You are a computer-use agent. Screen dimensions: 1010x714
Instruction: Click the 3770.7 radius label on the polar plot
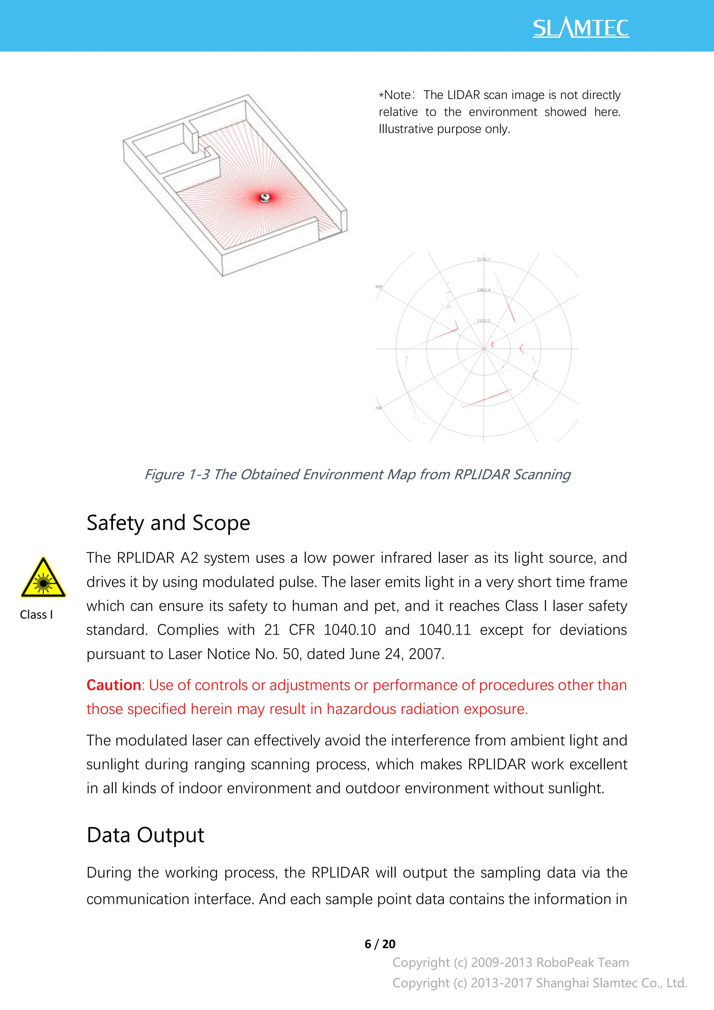coord(484,259)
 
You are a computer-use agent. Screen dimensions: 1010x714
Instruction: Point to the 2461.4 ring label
coord(484,290)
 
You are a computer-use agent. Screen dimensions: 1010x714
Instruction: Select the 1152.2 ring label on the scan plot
coord(484,320)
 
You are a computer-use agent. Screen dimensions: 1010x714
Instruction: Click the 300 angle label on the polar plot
coord(379,286)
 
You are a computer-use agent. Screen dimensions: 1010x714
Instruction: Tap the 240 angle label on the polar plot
coord(379,408)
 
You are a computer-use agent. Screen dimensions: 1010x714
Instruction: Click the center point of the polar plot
coord(484,349)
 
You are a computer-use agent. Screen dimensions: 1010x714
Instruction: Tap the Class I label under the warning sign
coord(36,615)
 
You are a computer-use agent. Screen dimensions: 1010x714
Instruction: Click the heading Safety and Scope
coord(168,523)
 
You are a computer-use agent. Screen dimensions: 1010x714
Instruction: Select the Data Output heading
coord(145,835)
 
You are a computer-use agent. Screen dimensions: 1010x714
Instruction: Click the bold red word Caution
coord(114,685)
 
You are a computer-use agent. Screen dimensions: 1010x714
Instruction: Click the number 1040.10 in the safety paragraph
coord(349,630)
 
